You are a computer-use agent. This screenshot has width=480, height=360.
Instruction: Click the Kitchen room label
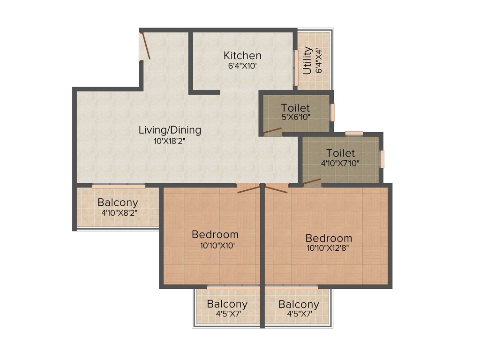(x=242, y=55)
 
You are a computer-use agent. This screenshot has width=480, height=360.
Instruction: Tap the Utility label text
(x=307, y=60)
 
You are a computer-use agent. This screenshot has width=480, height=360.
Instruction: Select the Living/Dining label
(x=170, y=130)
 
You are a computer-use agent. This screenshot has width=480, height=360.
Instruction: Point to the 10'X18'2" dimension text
(x=170, y=140)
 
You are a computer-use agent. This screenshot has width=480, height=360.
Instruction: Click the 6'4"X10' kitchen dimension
(x=242, y=66)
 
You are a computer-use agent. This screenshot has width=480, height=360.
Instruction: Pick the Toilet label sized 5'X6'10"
(x=295, y=108)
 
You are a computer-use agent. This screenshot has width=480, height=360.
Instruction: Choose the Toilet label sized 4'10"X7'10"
(x=341, y=153)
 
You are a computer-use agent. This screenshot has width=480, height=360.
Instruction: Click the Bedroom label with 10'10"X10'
(x=215, y=234)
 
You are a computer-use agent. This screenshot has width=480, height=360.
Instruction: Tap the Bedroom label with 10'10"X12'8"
(x=329, y=238)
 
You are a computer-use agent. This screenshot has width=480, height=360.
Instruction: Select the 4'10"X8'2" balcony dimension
(x=119, y=213)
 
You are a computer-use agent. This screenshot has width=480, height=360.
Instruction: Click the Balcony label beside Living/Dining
(x=118, y=203)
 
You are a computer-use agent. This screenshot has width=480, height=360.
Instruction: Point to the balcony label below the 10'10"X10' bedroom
(x=227, y=304)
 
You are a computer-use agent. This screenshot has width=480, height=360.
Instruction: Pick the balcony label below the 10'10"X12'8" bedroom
(x=299, y=304)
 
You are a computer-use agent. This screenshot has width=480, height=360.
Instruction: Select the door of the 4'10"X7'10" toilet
(x=312, y=182)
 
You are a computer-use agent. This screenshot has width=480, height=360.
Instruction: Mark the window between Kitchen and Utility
(x=296, y=67)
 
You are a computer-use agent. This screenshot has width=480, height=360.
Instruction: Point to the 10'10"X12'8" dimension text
(x=328, y=248)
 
